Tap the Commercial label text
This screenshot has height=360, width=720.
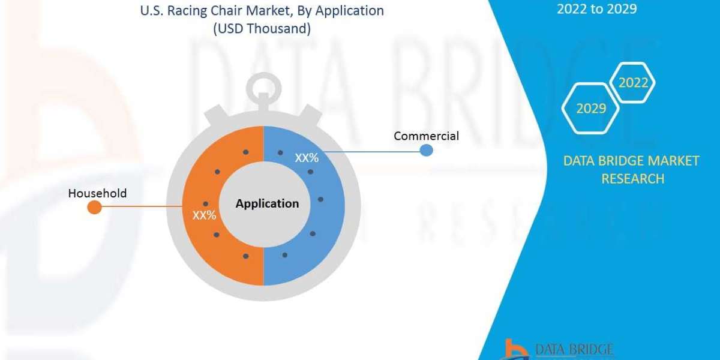(x=426, y=136)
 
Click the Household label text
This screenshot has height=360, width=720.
(x=97, y=193)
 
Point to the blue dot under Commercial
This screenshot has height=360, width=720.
(x=426, y=150)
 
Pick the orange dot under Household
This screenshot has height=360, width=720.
(x=94, y=208)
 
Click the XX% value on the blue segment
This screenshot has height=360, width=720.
(x=306, y=158)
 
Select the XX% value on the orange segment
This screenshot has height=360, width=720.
(x=204, y=215)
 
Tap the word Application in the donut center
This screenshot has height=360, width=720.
(x=267, y=203)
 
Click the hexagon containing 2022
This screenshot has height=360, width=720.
(x=633, y=83)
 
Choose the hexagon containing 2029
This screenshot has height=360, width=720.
(x=591, y=109)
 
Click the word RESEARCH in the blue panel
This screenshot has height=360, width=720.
(x=632, y=178)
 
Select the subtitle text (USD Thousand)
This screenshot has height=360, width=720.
(x=262, y=28)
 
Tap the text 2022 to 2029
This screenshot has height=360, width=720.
(x=597, y=8)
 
